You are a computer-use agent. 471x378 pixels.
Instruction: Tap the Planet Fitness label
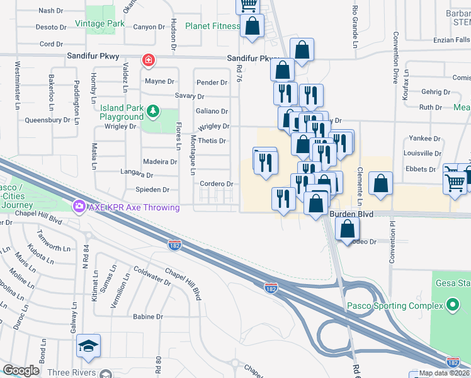212,26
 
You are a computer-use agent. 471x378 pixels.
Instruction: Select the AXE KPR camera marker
79,206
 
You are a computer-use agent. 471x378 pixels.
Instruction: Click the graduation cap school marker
89,345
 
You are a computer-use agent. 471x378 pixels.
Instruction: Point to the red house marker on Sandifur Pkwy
149,61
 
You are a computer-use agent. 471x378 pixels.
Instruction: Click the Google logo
21,370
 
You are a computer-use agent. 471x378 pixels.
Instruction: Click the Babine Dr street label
149,317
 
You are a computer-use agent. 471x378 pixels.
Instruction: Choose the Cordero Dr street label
217,184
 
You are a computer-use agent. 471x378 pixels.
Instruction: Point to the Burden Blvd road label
351,215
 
